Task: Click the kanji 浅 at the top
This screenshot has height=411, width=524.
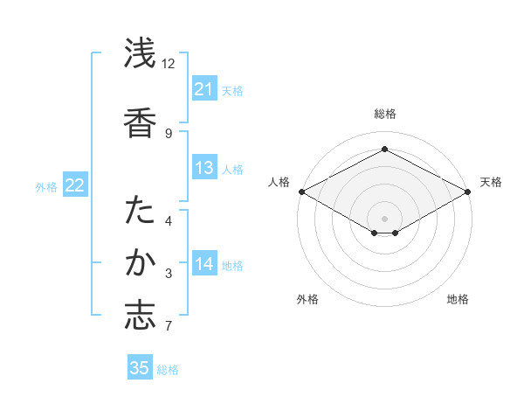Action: [x=140, y=54]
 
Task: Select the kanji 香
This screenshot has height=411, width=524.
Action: [x=140, y=122]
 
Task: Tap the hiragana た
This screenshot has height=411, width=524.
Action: [x=140, y=212]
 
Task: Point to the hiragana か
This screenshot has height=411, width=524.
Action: [x=140, y=263]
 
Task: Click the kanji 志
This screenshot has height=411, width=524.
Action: [x=140, y=317]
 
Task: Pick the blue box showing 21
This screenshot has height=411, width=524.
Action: [x=203, y=89]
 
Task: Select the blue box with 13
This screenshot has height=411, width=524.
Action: [x=203, y=168]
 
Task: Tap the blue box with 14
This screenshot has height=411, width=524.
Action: [x=203, y=264]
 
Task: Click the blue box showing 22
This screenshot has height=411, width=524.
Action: [x=74, y=185]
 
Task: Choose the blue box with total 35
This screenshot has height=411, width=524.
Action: [x=140, y=368]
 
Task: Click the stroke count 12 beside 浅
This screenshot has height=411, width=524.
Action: [x=169, y=64]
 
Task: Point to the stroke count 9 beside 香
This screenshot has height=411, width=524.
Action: [x=169, y=133]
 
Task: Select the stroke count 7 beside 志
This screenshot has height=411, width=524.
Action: [x=169, y=327]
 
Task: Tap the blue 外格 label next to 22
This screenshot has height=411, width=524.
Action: [x=46, y=186]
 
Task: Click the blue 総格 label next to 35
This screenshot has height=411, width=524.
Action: [x=168, y=369]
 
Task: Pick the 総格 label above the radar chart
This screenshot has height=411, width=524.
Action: [x=384, y=114]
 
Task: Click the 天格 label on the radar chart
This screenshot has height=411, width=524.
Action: [x=491, y=182]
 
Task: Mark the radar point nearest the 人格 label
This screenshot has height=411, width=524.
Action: [x=301, y=192]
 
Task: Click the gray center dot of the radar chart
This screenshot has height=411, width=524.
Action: [x=384, y=218]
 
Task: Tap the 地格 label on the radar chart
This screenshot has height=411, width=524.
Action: [x=458, y=299]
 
